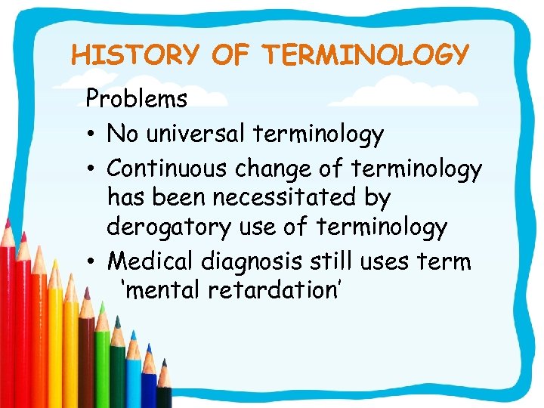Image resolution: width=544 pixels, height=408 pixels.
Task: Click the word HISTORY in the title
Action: tap(134, 55)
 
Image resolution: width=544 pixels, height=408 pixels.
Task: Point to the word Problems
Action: tap(136, 99)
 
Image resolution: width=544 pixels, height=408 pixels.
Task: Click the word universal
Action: tap(201, 134)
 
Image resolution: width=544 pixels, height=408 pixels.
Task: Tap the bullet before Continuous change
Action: tap(91, 167)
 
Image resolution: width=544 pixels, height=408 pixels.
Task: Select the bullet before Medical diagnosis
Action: tap(91, 262)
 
